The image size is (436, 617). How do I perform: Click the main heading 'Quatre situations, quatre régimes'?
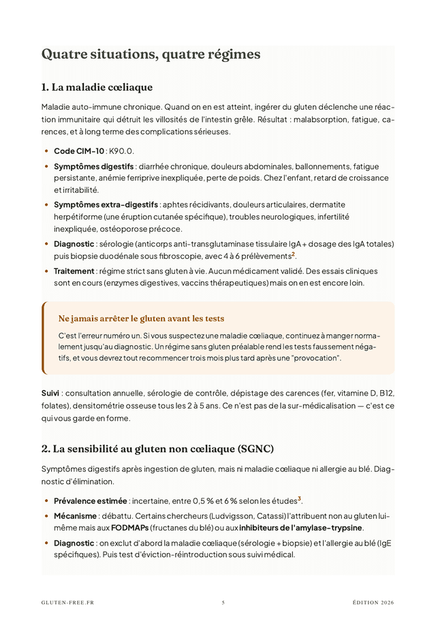tap(151, 54)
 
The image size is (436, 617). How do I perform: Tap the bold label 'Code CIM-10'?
tap(78, 151)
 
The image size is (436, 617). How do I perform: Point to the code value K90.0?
tap(121, 151)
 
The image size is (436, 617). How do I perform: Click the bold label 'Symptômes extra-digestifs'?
tap(106, 204)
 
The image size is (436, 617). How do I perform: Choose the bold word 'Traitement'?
tap(74, 271)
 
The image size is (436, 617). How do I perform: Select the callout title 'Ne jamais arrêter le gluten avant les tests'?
tap(141, 318)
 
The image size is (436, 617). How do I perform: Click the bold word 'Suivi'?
tap(50, 394)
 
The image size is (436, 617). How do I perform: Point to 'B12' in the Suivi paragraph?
tap(386, 394)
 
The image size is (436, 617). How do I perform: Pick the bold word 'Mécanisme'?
tap(75, 516)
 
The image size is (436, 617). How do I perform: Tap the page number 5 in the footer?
tap(223, 603)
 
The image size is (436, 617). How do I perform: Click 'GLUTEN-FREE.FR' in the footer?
tap(67, 603)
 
